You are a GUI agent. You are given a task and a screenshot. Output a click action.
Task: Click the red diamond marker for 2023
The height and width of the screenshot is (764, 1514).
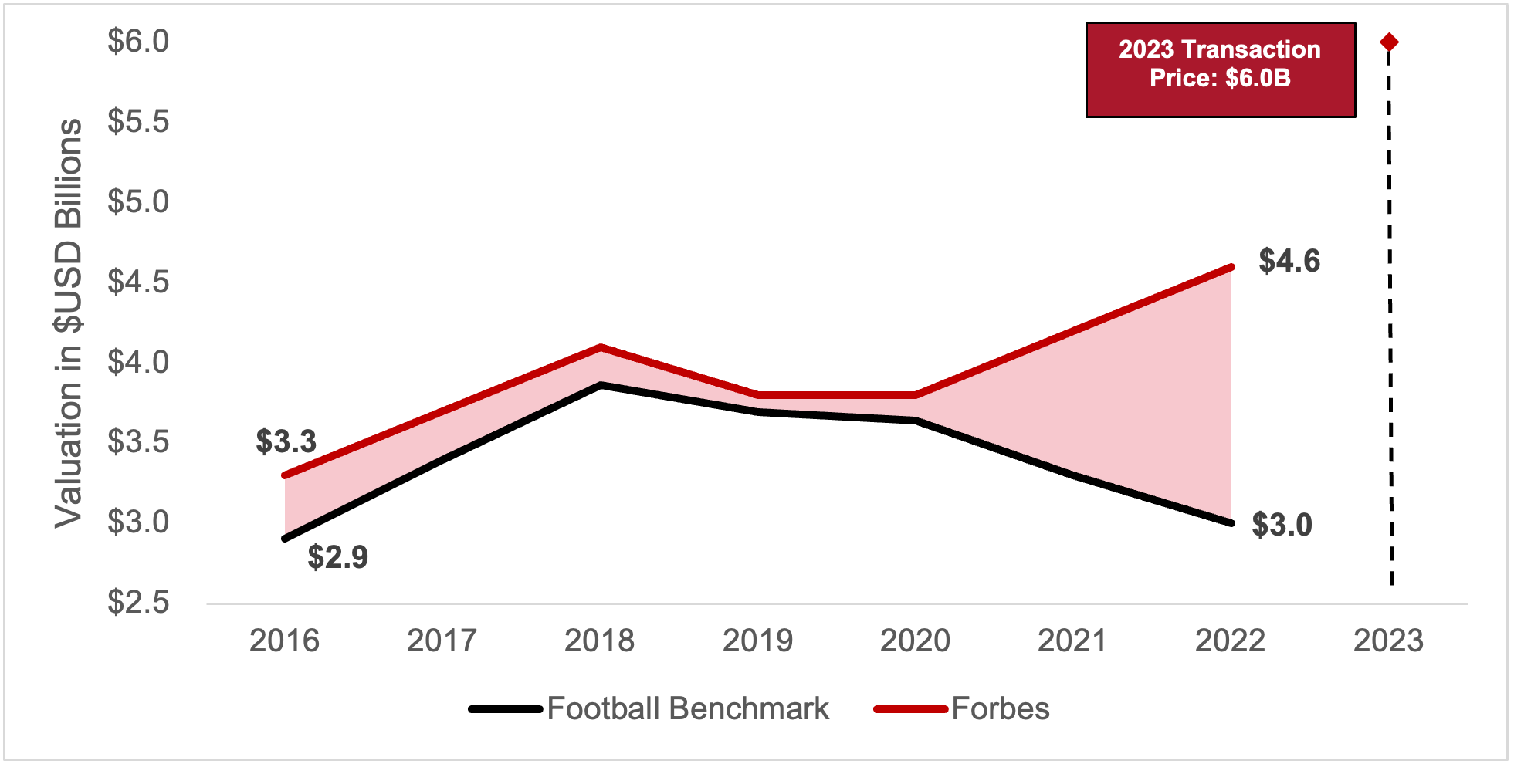[1388, 42]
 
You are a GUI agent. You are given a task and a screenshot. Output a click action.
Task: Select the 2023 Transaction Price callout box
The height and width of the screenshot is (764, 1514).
[1220, 69]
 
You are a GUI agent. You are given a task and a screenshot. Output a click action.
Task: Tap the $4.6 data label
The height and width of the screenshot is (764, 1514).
[1289, 261]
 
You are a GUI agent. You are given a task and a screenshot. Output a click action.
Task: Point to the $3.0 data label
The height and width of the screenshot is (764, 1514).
[1282, 525]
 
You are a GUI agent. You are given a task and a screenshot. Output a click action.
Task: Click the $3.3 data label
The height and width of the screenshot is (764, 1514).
[286, 441]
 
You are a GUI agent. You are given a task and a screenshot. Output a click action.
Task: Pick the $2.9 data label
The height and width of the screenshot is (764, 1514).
[337, 556]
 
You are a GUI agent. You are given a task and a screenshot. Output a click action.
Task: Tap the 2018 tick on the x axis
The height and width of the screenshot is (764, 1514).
[599, 641]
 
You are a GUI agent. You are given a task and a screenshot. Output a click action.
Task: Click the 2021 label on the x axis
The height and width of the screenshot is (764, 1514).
[1072, 641]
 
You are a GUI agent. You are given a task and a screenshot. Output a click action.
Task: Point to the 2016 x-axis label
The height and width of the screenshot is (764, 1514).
[284, 641]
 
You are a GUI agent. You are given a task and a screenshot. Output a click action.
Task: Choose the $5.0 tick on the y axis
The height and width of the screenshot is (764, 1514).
[138, 201]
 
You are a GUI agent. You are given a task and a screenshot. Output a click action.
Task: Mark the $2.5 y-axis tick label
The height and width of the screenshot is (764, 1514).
[138, 602]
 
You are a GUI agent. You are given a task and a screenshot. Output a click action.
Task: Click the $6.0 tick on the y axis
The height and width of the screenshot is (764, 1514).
[138, 41]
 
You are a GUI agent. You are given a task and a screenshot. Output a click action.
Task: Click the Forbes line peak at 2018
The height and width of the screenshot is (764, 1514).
[600, 348]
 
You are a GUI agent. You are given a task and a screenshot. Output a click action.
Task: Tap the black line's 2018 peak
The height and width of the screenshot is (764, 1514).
[600, 384]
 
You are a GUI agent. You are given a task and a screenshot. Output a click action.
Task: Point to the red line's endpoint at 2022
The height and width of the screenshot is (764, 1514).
[1231, 268]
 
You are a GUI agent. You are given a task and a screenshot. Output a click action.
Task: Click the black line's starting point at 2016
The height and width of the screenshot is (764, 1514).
[286, 538]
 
